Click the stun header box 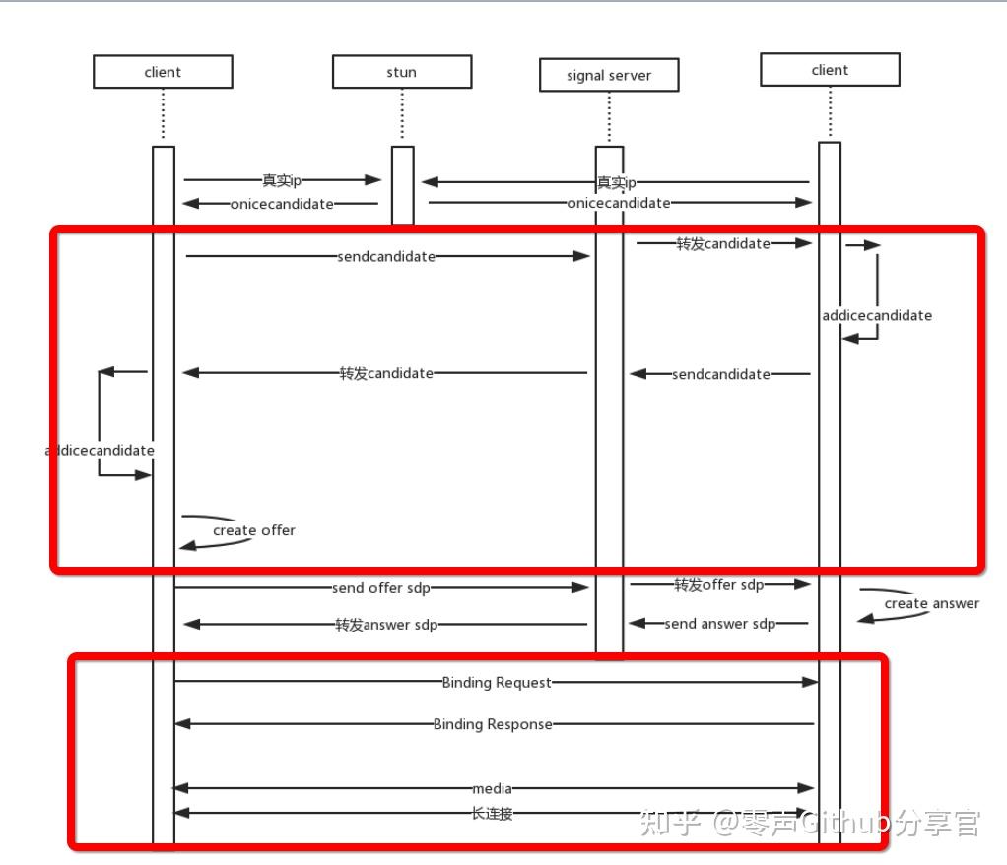point(402,72)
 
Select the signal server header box point(609,76)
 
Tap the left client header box point(163,72)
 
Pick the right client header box point(830,70)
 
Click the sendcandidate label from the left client point(386,256)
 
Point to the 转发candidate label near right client point(722,243)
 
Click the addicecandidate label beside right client point(877,315)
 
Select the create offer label point(254,530)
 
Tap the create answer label point(931,603)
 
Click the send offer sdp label point(381,588)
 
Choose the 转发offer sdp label point(718,585)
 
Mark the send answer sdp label point(719,624)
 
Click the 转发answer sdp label point(386,625)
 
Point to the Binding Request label point(497,682)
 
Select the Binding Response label point(493,724)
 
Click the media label point(492,788)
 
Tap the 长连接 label point(492,814)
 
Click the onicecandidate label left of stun point(282,204)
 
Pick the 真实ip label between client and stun point(282,180)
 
